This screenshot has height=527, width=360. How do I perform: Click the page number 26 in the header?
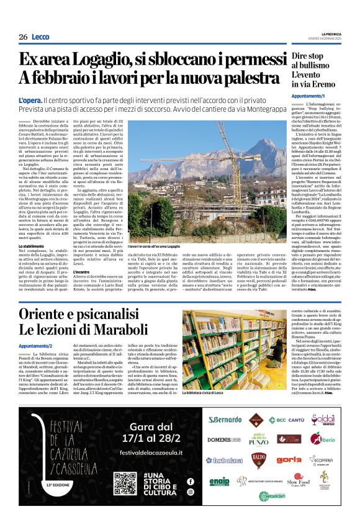click(x=22, y=37)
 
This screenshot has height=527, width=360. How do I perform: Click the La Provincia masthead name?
click(x=331, y=34)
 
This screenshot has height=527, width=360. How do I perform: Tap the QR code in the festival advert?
click(x=125, y=484)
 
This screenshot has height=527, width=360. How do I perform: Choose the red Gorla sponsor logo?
click(x=289, y=460)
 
